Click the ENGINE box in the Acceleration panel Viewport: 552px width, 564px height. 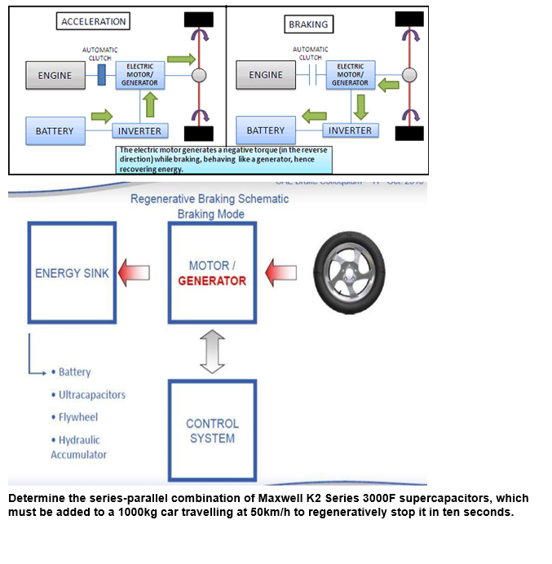click(55, 76)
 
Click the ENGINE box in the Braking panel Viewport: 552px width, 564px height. click(265, 76)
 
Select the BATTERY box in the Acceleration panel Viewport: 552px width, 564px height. click(55, 130)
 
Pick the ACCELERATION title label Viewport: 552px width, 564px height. click(93, 22)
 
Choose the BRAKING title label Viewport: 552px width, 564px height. click(307, 24)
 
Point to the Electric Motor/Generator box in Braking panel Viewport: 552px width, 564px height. click(351, 75)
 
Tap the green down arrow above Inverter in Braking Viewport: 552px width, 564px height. click(360, 105)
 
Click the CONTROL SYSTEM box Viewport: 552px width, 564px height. click(212, 431)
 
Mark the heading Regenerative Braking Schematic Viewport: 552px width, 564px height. click(210, 200)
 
